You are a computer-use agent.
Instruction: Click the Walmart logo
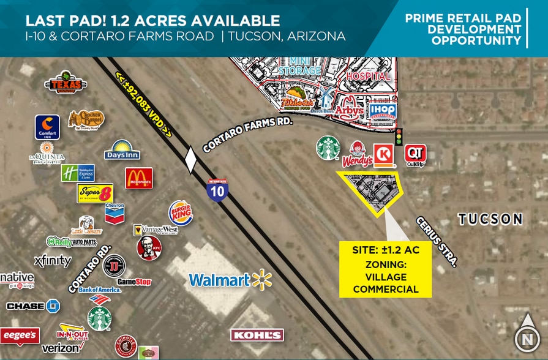point(230,280)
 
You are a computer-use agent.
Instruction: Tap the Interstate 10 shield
point(217,190)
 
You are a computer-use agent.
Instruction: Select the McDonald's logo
point(139,178)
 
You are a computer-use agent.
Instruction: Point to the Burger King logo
point(181,213)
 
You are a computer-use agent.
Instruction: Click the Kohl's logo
point(257,335)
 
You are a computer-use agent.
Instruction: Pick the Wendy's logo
point(357,154)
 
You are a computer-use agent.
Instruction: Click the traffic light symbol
point(399,137)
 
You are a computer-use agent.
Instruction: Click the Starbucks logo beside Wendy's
point(328,148)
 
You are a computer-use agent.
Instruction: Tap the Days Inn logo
point(122,150)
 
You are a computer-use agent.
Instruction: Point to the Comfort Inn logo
point(47,127)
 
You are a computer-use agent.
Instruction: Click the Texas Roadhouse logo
point(66,83)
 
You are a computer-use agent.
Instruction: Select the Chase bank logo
point(33,306)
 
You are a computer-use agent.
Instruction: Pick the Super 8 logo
point(95,193)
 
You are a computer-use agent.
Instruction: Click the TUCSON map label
point(490,219)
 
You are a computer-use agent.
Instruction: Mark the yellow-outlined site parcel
point(371,191)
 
